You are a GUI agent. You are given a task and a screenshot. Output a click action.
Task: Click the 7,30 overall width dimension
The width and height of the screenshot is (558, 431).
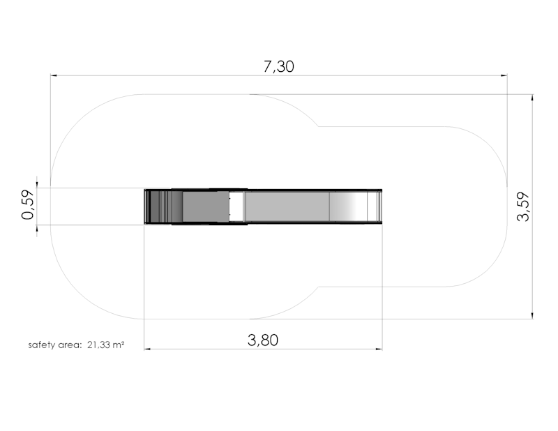click(278, 66)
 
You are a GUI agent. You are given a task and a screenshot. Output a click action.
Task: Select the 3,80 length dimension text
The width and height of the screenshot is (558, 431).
click(263, 340)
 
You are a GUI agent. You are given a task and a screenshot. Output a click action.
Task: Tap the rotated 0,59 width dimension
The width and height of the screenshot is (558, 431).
click(28, 205)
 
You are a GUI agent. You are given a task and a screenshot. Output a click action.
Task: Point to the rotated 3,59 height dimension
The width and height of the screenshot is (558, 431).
click(523, 206)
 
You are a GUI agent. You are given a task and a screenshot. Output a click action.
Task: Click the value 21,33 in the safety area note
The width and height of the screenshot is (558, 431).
click(98, 345)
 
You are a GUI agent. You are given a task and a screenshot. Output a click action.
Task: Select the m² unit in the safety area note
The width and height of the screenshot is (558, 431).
click(118, 345)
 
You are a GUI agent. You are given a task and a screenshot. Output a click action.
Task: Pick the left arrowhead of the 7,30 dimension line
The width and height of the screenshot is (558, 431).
click(54, 75)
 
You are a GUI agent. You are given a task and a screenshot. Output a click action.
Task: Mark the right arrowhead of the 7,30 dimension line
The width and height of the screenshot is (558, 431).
click(504, 75)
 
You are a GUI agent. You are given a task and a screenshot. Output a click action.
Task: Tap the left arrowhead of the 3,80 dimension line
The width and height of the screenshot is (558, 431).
click(147, 349)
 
